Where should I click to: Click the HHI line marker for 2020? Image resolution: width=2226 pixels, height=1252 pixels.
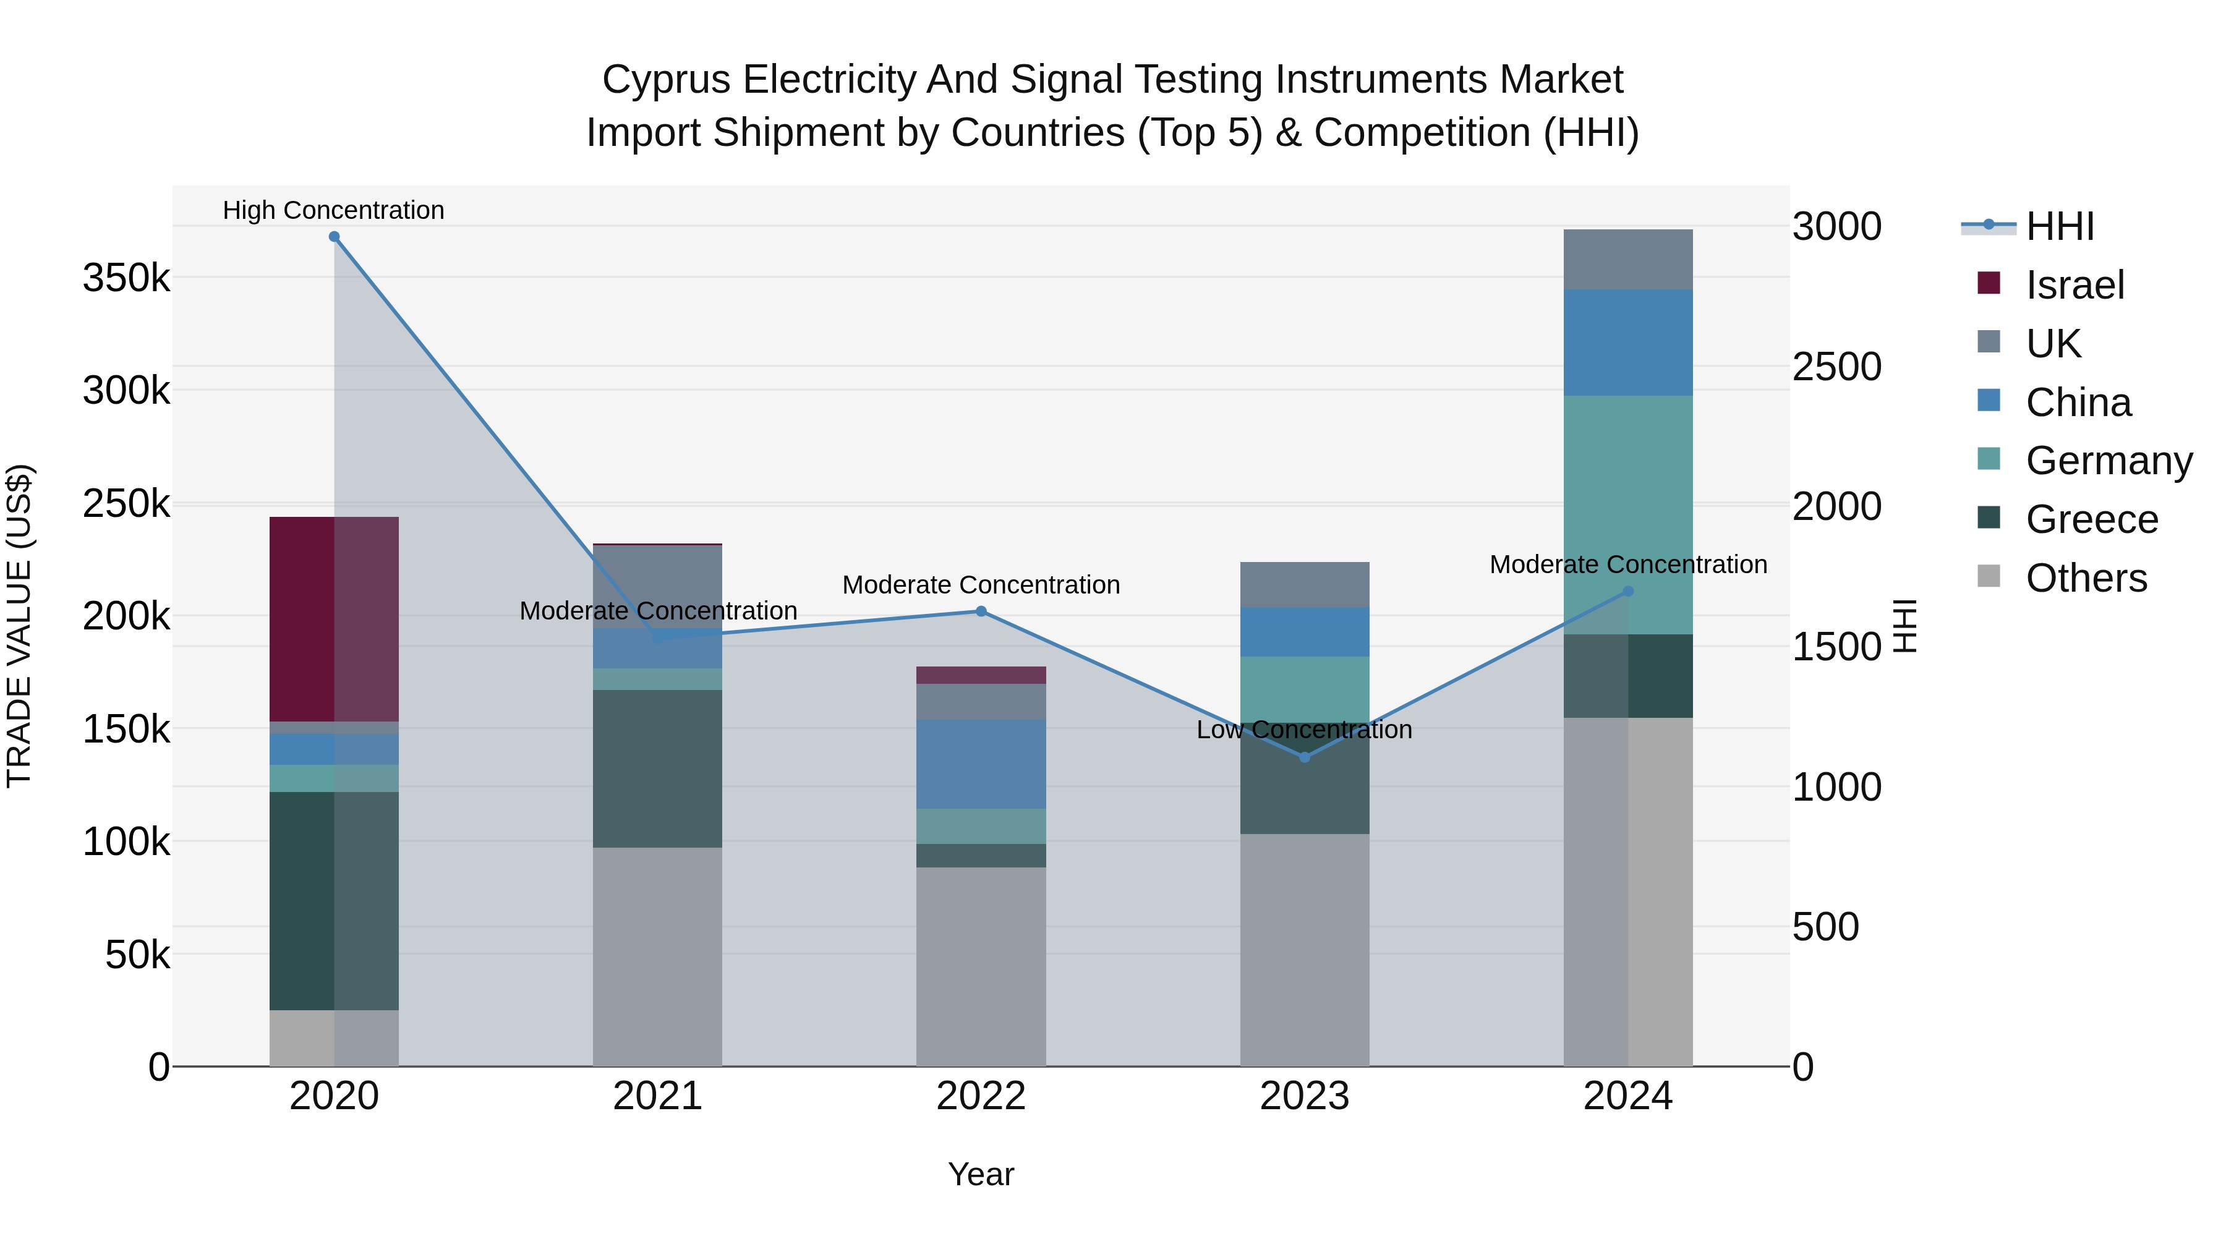point(335,237)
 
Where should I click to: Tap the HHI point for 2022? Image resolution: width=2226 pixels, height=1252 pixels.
point(981,611)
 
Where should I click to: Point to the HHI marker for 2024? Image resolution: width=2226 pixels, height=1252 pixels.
point(1628,592)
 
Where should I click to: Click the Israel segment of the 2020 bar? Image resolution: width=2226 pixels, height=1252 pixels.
point(302,619)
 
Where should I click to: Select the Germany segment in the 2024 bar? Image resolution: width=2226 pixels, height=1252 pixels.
point(1628,515)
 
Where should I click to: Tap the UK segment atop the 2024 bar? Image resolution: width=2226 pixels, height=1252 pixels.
point(1628,259)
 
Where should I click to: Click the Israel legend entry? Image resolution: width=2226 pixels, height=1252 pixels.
point(2074,285)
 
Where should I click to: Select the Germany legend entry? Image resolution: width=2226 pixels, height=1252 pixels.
point(2109,461)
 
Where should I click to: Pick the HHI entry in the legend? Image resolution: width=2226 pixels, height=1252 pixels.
point(2059,226)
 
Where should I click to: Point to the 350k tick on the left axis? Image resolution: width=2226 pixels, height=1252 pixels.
point(126,278)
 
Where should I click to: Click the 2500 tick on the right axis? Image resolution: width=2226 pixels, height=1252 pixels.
point(1837,367)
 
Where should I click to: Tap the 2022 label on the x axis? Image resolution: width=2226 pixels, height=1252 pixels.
point(981,1096)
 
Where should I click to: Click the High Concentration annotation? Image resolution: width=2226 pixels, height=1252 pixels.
point(333,210)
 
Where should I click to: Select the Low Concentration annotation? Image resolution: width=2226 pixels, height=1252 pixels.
point(1304,730)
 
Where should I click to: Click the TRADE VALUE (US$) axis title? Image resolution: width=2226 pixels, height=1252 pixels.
point(19,626)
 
